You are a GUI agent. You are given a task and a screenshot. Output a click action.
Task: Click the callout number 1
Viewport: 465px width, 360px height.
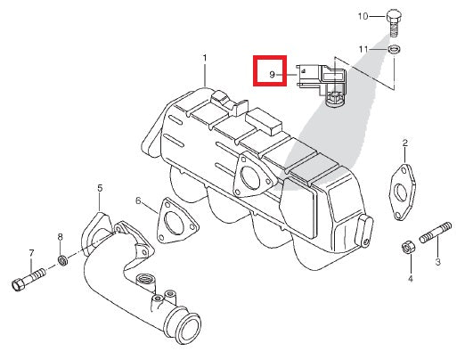tap(204, 58)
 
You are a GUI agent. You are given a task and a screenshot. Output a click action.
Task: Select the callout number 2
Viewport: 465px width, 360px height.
tap(404, 143)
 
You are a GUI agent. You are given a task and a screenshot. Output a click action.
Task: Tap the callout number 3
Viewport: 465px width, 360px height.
tap(437, 262)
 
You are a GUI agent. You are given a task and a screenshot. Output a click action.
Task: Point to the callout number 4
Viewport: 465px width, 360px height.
tap(410, 279)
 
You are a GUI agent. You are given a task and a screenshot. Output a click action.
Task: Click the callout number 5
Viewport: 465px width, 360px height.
tap(100, 188)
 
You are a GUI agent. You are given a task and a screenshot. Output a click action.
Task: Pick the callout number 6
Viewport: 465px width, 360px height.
tap(138, 201)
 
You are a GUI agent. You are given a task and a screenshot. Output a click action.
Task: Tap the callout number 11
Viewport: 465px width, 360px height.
tap(363, 47)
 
